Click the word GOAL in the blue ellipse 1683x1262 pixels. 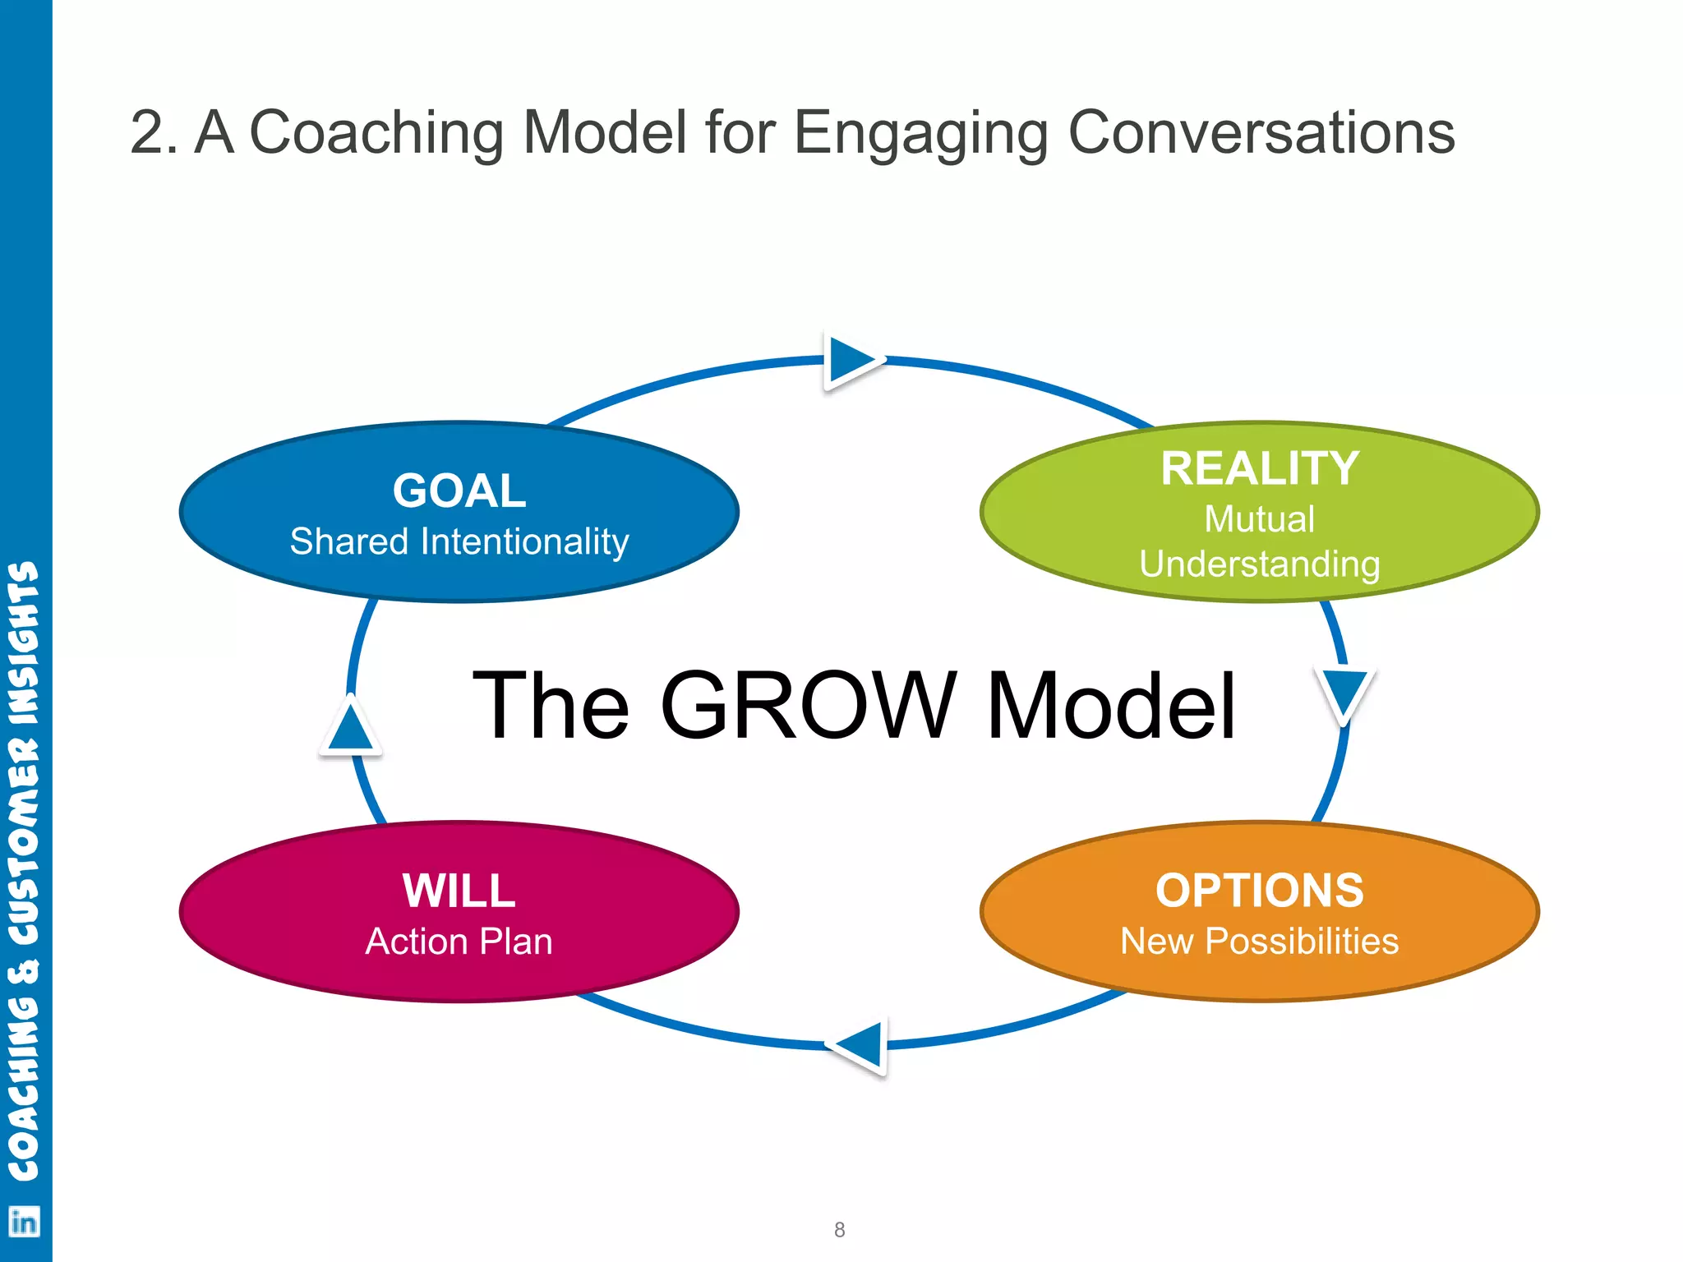pyautogui.click(x=459, y=491)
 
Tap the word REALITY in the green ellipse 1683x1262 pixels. pyautogui.click(x=1259, y=469)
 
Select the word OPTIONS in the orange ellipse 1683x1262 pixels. pyautogui.click(x=1259, y=891)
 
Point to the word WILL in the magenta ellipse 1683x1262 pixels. pyautogui.click(x=459, y=891)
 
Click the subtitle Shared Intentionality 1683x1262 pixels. pyautogui.click(x=459, y=542)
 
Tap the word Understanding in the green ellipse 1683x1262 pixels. pyautogui.click(x=1259, y=564)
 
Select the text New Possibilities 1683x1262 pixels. pyautogui.click(x=1259, y=942)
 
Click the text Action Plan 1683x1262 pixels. pyautogui.click(x=459, y=942)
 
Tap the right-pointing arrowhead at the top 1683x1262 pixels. pyautogui.click(x=851, y=360)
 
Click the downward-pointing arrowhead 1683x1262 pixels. pyautogui.click(x=1344, y=693)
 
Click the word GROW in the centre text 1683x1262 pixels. pyautogui.click(x=807, y=705)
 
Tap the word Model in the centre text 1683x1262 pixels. pyautogui.click(x=1111, y=705)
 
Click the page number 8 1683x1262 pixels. pyautogui.click(x=839, y=1230)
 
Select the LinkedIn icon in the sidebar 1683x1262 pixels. pyautogui.click(x=24, y=1222)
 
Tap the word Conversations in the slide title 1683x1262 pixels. pyautogui.click(x=1261, y=133)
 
